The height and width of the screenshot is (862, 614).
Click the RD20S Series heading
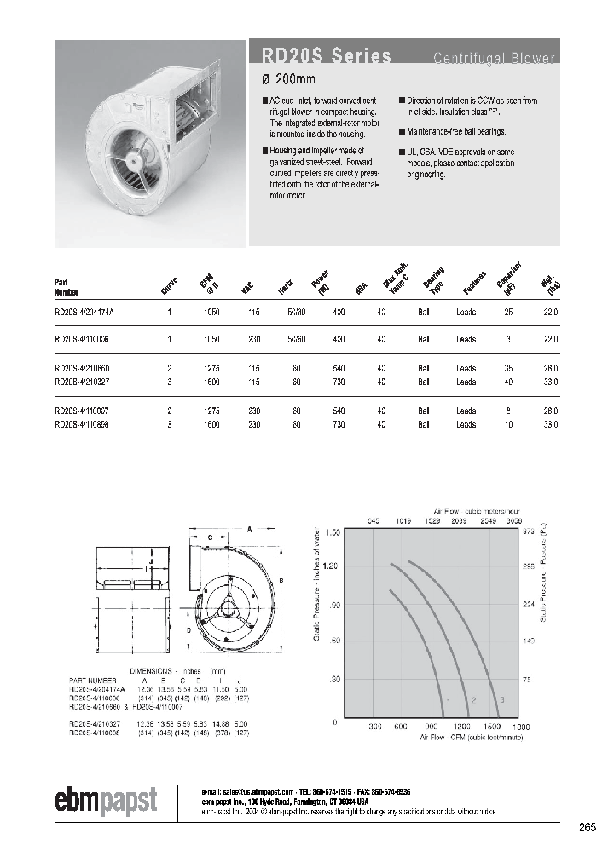(x=321, y=56)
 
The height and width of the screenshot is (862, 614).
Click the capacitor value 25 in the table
(x=509, y=313)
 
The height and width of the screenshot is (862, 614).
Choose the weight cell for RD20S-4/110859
(x=550, y=423)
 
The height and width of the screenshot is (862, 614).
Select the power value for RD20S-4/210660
(x=339, y=368)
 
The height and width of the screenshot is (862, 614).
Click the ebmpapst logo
(x=106, y=800)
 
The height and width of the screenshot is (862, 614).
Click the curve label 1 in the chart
(x=445, y=700)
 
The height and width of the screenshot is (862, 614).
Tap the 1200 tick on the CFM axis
(x=461, y=727)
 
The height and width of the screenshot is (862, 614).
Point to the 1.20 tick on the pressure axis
(x=330, y=566)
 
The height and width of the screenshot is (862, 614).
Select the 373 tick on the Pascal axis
(x=528, y=532)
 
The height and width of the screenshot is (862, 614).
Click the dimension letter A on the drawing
(x=249, y=528)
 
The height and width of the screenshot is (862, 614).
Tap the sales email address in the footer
(x=252, y=790)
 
